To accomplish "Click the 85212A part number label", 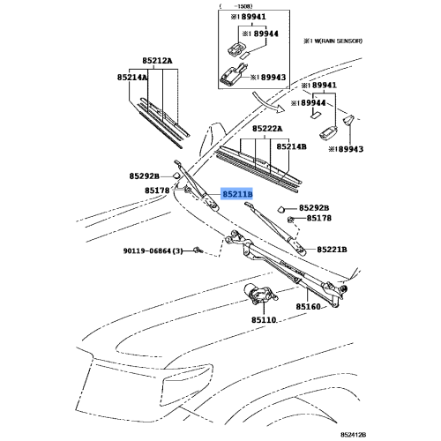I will (159, 61).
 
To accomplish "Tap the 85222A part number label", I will (265, 128).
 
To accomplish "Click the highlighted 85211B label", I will (237, 193).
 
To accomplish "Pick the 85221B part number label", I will (332, 250).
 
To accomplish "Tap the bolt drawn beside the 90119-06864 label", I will (199, 250).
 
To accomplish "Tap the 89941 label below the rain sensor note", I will (319, 86).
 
